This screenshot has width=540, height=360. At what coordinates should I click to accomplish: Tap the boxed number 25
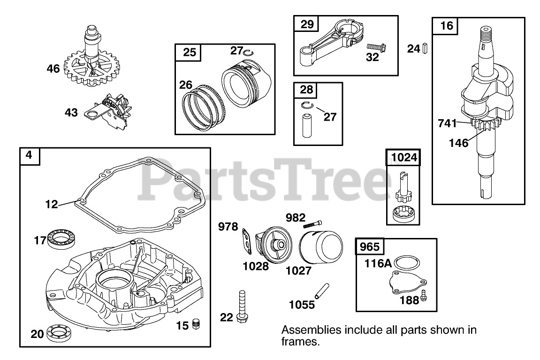pyautogui.click(x=189, y=52)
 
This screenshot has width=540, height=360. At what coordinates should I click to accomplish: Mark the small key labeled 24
pyautogui.click(x=425, y=48)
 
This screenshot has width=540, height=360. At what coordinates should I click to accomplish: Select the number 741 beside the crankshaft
pyautogui.click(x=447, y=123)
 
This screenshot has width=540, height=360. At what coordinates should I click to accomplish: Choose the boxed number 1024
pyautogui.click(x=403, y=158)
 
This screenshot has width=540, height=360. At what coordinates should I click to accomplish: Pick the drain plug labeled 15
pyautogui.click(x=197, y=323)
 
